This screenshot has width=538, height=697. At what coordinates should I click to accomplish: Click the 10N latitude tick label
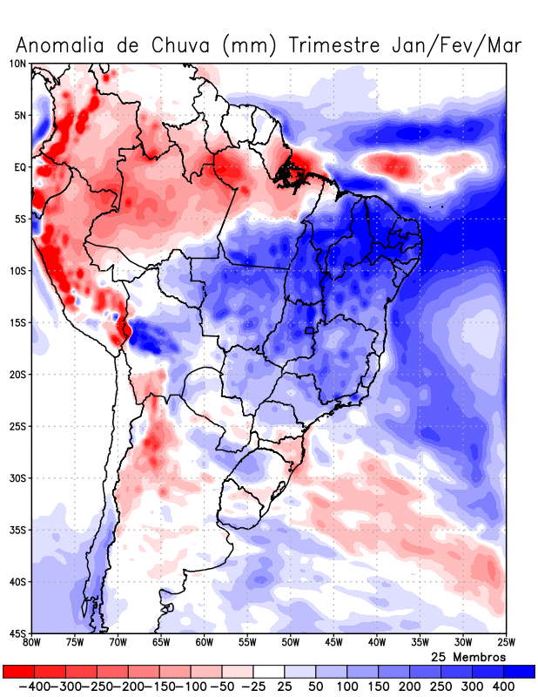17,64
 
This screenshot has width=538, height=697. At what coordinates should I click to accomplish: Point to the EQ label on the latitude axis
20,166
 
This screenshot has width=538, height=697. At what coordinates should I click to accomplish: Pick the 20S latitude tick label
17,375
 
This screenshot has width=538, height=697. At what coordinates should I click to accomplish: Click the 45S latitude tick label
17,633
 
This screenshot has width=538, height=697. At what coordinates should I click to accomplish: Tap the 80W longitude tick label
31,643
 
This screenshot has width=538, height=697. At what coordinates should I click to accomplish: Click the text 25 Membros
468,656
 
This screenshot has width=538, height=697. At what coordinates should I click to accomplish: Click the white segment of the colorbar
269,672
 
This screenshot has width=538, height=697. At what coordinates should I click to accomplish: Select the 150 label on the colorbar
379,687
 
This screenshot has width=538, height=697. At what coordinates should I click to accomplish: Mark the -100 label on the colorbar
190,687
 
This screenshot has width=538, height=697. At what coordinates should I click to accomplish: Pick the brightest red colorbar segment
18,672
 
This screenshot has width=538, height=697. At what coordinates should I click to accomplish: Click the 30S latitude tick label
17,478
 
